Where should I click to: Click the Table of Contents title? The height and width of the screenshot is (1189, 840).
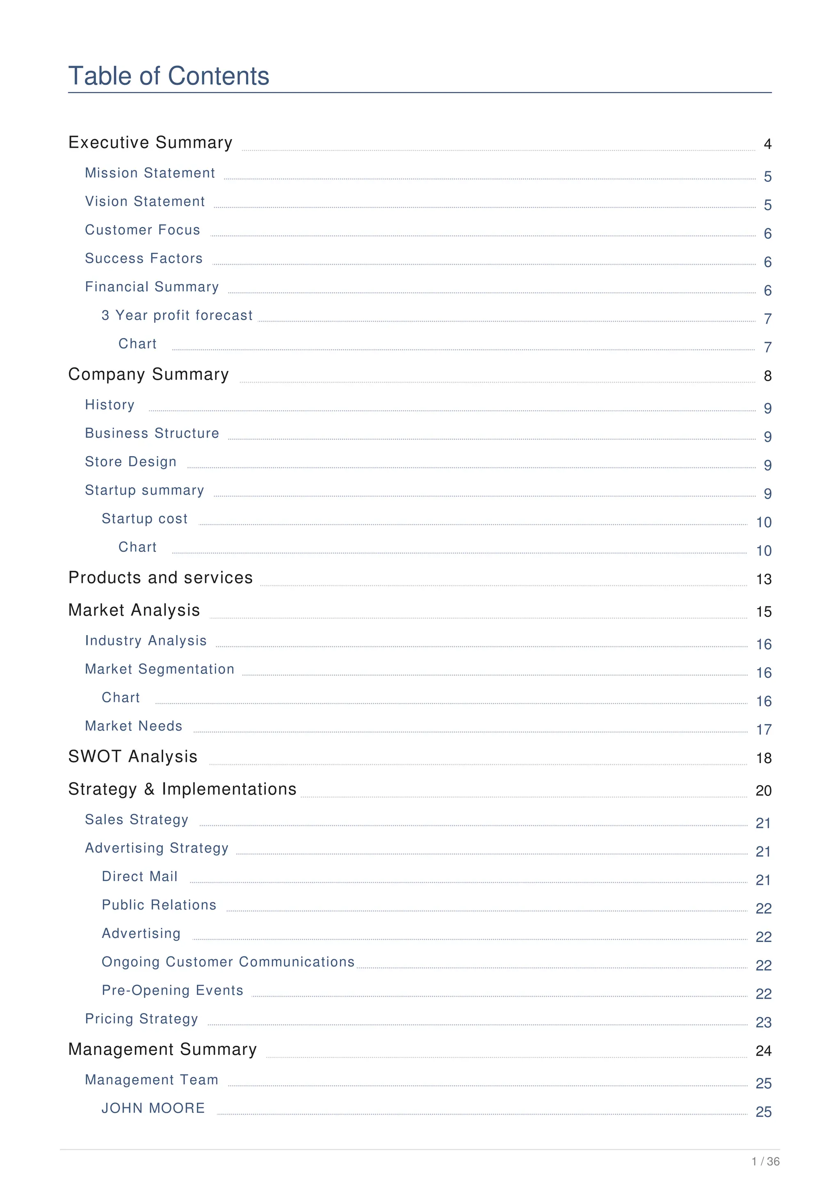pyautogui.click(x=169, y=76)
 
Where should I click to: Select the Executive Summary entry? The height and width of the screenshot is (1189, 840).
pyautogui.click(x=150, y=142)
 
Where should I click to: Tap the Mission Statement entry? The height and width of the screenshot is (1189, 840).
pyautogui.click(x=150, y=173)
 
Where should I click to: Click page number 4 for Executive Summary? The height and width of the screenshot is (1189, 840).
pyautogui.click(x=767, y=144)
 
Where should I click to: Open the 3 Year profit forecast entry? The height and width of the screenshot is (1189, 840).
pyautogui.click(x=177, y=316)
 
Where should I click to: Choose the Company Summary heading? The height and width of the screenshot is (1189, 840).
pyautogui.click(x=148, y=375)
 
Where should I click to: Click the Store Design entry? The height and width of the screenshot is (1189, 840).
pyautogui.click(x=130, y=462)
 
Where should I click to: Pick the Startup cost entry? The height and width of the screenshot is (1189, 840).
pyautogui.click(x=144, y=519)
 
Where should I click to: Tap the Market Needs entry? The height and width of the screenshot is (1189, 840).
pyautogui.click(x=134, y=726)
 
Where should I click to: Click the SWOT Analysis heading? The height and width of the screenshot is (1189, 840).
pyautogui.click(x=132, y=757)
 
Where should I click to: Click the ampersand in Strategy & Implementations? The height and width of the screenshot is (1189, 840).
pyautogui.click(x=150, y=789)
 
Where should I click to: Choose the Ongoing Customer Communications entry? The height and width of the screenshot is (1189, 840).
pyautogui.click(x=228, y=962)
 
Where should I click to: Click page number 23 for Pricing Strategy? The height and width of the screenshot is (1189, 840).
pyautogui.click(x=763, y=1023)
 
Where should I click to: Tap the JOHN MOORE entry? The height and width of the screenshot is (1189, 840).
pyautogui.click(x=153, y=1108)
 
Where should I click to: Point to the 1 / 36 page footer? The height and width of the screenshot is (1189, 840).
pyautogui.click(x=765, y=1162)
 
